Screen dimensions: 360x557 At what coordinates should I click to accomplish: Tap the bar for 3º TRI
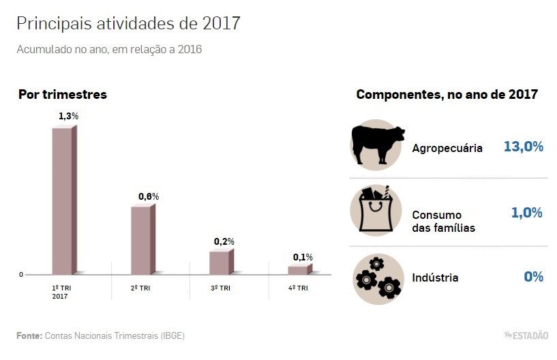(220, 262)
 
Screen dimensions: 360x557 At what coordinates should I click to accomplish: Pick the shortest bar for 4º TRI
(299, 270)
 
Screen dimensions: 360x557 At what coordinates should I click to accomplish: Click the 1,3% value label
(68, 116)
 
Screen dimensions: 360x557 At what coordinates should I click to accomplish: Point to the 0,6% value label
(148, 196)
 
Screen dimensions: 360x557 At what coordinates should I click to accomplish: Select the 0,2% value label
(224, 241)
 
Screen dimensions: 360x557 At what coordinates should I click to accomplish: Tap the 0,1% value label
(303, 257)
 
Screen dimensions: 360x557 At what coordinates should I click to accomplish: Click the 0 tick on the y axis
(21, 275)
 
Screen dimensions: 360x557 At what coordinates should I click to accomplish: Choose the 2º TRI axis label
(140, 288)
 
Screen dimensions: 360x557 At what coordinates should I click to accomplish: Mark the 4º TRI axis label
(297, 288)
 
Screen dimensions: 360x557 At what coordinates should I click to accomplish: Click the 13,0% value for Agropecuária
(523, 147)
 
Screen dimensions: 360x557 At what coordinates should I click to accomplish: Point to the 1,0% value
(526, 213)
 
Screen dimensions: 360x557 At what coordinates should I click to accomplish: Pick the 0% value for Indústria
(533, 277)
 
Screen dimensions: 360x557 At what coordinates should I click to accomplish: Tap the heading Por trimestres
(63, 95)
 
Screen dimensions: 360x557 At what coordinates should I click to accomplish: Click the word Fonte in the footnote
(29, 335)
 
